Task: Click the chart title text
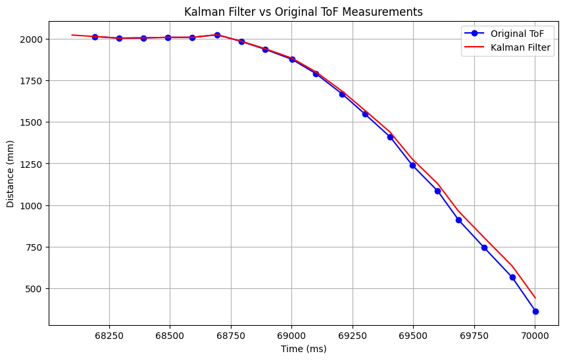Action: coord(303,12)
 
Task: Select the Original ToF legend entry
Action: coord(517,34)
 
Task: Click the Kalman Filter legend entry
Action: coord(520,47)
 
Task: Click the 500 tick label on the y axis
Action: coord(34,289)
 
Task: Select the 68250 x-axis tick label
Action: coord(109,336)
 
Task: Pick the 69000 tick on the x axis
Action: coord(291,336)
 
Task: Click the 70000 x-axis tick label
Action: coord(535,336)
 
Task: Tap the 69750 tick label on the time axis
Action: coord(474,336)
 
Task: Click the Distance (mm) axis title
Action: coord(11,174)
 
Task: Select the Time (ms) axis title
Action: coord(303,349)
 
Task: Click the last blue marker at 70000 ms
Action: coord(535,311)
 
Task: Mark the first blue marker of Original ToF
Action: coord(95,37)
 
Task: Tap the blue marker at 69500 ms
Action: coord(412,165)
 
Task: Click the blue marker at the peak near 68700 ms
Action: coord(217,35)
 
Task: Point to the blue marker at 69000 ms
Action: coord(292,59)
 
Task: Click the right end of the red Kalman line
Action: coord(535,298)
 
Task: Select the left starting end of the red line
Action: coord(72,35)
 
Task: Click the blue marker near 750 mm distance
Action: coord(484,247)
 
